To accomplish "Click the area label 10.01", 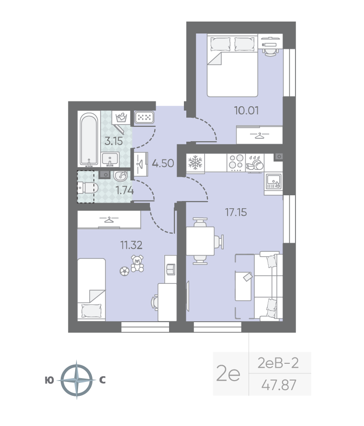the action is [x=246, y=111].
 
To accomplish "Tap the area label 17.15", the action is [x=236, y=212].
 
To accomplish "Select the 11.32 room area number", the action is [x=131, y=245].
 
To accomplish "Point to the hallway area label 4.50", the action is [x=163, y=163].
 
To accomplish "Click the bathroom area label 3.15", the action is [x=114, y=141].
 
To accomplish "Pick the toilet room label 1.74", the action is [x=125, y=191].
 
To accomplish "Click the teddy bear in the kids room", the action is [x=137, y=263].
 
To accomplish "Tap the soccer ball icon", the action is [x=125, y=271].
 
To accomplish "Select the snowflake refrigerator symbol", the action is [x=195, y=163].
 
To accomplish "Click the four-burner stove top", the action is [x=236, y=162].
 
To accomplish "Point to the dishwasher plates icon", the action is [x=255, y=163].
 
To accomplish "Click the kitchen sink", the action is [x=273, y=181].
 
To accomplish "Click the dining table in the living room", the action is [x=200, y=241].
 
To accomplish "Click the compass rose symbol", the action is [x=77, y=380].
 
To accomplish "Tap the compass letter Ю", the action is [x=49, y=381].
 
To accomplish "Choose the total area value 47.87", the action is [x=279, y=385].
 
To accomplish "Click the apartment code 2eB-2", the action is [x=278, y=363].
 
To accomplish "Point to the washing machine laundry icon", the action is [x=122, y=118].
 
